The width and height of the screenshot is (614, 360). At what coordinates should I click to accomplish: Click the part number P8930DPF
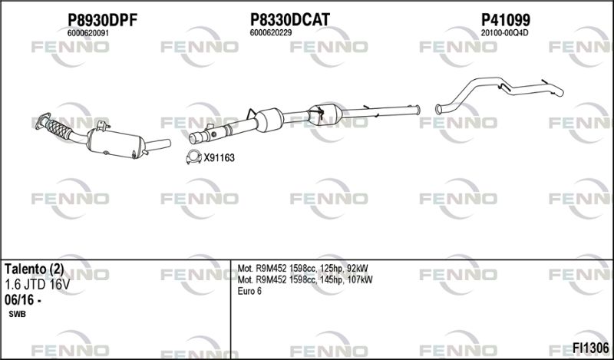coord(103,20)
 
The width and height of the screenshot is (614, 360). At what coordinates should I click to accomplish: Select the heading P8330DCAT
coord(290,19)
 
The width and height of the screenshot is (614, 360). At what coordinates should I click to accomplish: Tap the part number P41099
coord(505,19)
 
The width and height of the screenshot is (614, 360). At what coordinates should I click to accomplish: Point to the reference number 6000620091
coord(88,33)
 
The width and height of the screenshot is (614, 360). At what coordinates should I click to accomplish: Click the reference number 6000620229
coord(271,33)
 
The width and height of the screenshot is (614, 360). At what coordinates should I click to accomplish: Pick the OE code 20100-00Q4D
coord(504,33)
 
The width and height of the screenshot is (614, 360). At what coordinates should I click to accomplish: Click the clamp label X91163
coord(219,158)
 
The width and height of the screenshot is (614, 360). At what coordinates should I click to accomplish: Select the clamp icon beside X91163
coord(193,157)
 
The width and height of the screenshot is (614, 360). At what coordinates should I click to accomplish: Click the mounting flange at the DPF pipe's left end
coord(43,120)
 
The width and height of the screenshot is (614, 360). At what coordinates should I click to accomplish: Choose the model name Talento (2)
coord(34,269)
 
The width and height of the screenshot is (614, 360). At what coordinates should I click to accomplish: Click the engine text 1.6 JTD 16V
coord(37,285)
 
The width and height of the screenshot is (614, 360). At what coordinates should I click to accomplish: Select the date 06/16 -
coord(23,300)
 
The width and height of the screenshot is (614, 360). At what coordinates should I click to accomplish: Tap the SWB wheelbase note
coord(17,315)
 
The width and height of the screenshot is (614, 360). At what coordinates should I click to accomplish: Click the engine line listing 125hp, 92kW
coord(302,269)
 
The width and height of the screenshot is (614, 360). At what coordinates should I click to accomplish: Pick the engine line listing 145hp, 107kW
coord(305,279)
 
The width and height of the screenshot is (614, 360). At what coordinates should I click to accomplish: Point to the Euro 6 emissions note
coord(249,291)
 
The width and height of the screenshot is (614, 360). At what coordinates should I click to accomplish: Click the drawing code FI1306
coord(591,348)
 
